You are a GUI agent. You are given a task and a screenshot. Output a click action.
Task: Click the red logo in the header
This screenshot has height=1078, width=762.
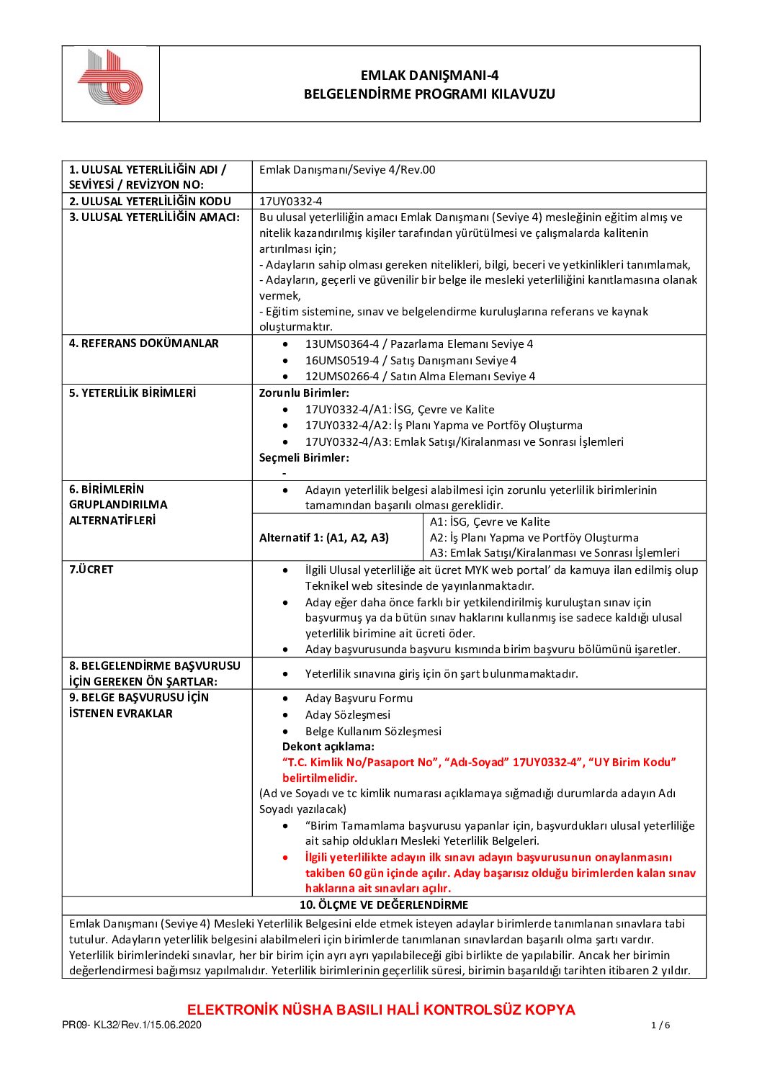coord(110,78)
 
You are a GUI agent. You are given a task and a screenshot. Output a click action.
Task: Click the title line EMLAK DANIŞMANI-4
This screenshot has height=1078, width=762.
coord(429,75)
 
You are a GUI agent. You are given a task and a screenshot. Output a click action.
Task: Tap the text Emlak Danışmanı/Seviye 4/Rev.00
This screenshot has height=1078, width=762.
coord(347,170)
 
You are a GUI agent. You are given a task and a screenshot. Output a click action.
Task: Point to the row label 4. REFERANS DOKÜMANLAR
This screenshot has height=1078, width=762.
coord(143,343)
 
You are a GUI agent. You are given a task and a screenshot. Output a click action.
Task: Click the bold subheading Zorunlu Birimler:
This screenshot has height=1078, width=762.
coord(304,393)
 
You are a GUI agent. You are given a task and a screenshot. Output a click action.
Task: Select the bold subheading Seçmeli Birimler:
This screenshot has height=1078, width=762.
coord(304,458)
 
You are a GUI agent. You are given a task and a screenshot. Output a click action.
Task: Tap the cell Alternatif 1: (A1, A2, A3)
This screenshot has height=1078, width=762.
coord(324,537)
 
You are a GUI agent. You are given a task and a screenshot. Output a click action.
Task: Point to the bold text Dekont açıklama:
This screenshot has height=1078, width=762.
coord(328,747)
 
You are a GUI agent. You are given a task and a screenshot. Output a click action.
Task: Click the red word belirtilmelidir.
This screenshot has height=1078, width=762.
coord(320,778)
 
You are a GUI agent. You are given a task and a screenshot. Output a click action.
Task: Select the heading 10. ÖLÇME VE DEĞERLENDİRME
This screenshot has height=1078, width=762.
coord(384,905)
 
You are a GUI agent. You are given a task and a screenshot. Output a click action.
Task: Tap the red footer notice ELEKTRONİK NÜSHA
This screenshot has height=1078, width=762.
coord(381,1010)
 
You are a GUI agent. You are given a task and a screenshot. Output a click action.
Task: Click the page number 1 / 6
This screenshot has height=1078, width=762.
coord(660,1025)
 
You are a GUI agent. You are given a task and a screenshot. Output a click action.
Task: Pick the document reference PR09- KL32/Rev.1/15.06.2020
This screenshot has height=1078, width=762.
coord(132,1025)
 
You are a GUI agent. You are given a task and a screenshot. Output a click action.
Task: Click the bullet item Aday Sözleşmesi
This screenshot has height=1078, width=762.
coord(348,714)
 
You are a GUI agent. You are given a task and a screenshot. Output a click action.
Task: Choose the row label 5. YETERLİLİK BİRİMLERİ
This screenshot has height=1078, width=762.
coord(133,393)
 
